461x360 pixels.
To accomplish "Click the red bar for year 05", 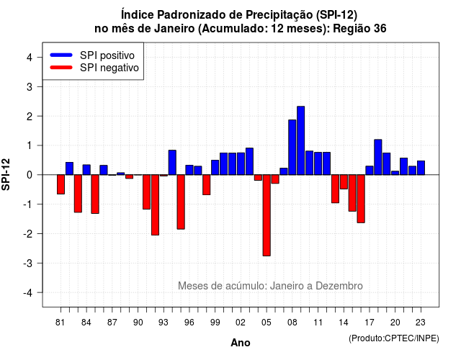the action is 267,215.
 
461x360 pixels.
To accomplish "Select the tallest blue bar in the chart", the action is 301,140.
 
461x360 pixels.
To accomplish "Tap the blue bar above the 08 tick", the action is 292,147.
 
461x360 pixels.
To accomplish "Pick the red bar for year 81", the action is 61,184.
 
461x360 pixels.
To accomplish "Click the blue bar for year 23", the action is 421,168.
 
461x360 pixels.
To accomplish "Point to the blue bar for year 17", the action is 370,171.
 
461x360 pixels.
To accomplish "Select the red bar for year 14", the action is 344,181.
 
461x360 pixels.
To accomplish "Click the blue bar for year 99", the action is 215,168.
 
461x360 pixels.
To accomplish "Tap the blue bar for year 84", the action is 86,170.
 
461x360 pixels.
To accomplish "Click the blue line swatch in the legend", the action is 61,55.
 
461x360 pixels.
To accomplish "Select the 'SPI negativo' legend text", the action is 109,68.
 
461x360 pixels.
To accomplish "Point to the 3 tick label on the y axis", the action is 29,86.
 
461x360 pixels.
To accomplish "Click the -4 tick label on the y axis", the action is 27,292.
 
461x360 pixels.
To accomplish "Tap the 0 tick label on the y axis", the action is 29,175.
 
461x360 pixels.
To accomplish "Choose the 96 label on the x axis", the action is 189,323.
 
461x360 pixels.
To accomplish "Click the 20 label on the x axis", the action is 395,323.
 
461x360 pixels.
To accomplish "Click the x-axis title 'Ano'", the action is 241,343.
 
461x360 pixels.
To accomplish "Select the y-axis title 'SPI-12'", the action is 6,174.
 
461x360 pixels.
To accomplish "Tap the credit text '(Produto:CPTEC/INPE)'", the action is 394,338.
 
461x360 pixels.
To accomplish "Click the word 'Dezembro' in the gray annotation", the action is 339,286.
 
